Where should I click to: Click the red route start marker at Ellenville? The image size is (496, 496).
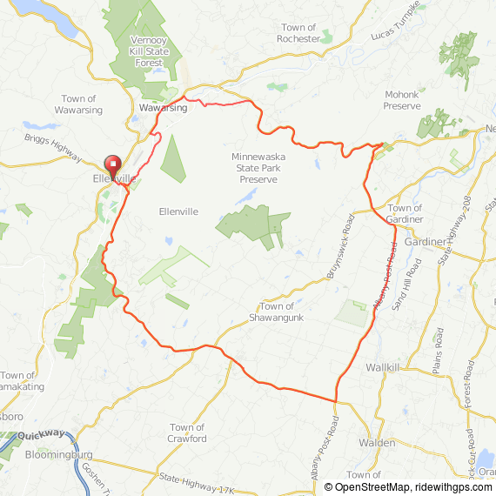[x=113, y=164]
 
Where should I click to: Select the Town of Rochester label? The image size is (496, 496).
[x=298, y=33]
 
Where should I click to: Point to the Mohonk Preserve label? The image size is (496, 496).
[x=402, y=100]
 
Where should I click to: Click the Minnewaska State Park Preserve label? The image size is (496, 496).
[x=258, y=168]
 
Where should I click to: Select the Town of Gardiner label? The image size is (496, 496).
[x=405, y=214]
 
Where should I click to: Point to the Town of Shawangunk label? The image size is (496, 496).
[x=277, y=312]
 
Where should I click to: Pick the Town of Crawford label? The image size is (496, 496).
[x=188, y=432]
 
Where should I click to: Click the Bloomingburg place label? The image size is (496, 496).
[x=59, y=454]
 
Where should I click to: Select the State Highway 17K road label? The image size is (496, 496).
[x=197, y=484]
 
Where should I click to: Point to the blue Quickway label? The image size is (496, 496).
[x=42, y=432]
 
